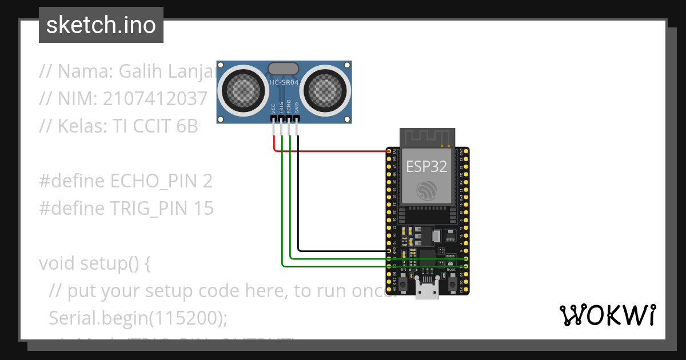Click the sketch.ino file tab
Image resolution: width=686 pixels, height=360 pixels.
101,25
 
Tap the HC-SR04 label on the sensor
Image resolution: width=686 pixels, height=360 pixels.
284,82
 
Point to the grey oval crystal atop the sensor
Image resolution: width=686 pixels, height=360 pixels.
284,69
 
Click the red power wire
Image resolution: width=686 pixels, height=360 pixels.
332,151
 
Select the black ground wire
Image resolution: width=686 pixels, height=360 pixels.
343,251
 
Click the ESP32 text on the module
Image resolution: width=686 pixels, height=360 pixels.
426,166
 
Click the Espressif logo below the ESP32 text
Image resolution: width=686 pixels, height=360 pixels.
426,190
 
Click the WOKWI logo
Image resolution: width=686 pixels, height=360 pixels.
607,315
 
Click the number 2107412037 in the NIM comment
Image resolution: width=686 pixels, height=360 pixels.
155,99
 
